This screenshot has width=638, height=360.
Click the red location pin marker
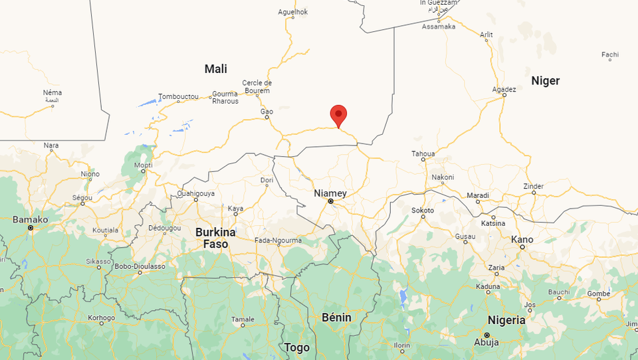(x=339, y=114)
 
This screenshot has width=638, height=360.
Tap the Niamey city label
(x=330, y=193)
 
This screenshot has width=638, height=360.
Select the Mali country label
(x=216, y=69)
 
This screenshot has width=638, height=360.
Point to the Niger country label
(x=546, y=81)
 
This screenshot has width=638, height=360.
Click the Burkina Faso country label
(x=215, y=238)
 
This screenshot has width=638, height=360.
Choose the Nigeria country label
(x=506, y=320)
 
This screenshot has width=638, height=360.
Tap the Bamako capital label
(x=30, y=219)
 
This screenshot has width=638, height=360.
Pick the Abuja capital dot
(x=486, y=334)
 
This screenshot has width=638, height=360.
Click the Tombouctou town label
(x=178, y=96)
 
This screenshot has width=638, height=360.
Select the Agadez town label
(x=504, y=89)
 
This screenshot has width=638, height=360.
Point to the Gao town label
(x=266, y=111)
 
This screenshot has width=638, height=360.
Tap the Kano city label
(x=522, y=239)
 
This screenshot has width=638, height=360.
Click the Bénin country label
(x=336, y=317)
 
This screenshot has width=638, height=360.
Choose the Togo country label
(x=296, y=347)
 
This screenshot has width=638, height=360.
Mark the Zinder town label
(x=534, y=186)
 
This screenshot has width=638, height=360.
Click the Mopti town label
(x=143, y=165)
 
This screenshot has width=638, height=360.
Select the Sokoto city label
(x=423, y=211)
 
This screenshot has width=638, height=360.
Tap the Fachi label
(x=610, y=54)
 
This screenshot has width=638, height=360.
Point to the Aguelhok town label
(x=293, y=11)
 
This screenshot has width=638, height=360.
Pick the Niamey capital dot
(x=330, y=201)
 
